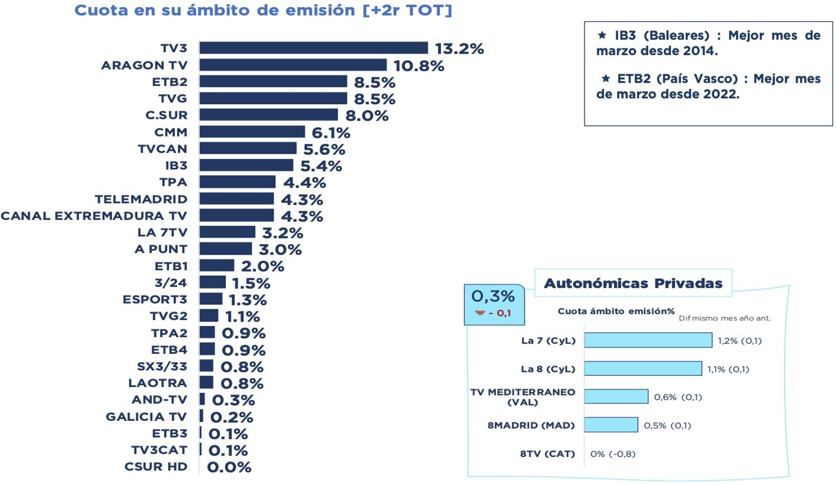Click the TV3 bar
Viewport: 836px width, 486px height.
pos(313,48)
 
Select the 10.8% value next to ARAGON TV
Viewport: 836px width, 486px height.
pos(419,66)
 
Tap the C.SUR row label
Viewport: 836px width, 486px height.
pos(166,115)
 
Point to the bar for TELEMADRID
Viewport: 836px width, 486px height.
pos(237,199)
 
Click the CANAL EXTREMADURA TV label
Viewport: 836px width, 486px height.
pos(94,216)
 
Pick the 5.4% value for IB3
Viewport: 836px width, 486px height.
pos(321,166)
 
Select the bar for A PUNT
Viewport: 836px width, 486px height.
pos(226,249)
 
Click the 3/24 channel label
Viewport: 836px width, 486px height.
pos(171,283)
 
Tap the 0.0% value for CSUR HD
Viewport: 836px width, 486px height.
pos(229,467)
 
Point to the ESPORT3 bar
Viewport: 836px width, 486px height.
pos(211,299)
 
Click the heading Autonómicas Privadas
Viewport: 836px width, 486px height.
pos(633,284)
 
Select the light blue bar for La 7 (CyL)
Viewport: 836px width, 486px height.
pos(648,341)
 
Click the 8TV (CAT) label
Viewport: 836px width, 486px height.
pos(547,454)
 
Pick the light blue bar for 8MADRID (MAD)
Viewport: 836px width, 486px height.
pos(611,425)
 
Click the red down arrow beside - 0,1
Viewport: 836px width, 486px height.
pos(480,313)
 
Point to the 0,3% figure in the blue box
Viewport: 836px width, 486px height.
pos(493,296)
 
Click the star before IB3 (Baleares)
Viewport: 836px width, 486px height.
pos(602,35)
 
